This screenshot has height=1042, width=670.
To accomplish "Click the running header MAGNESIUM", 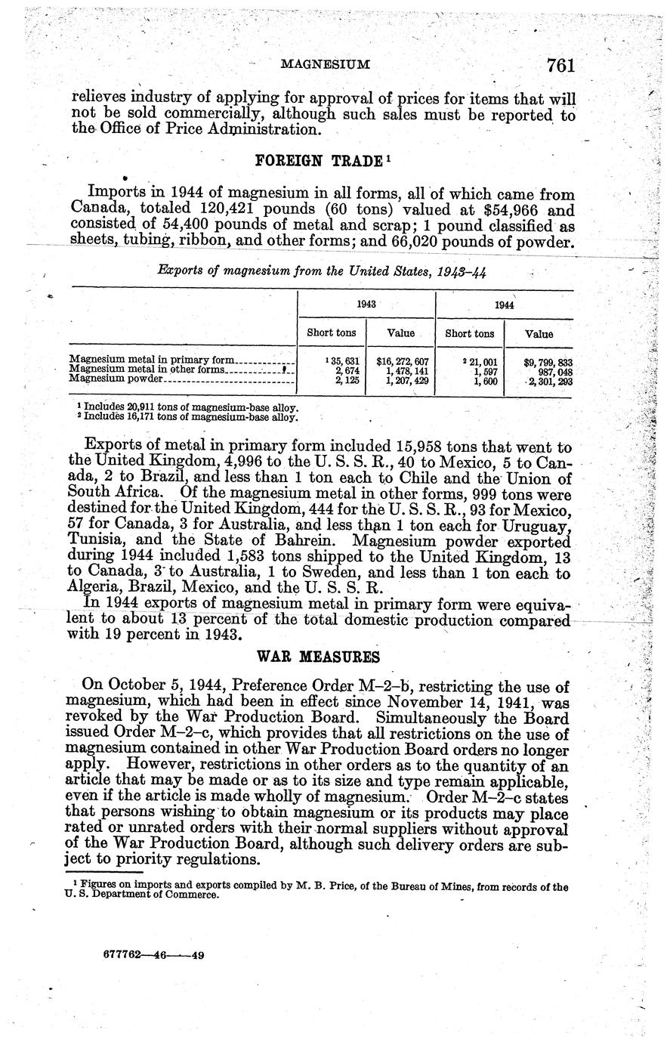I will point(325,65).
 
